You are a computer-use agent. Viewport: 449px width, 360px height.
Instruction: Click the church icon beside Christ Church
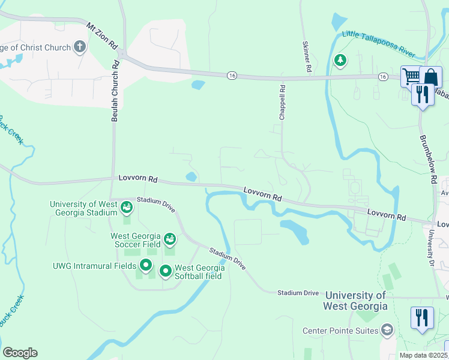[80, 47]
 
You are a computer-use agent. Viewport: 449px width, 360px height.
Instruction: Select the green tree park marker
[340, 60]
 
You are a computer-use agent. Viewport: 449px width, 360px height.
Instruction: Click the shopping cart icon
[411, 76]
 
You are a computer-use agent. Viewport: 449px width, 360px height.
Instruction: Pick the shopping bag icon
[430, 77]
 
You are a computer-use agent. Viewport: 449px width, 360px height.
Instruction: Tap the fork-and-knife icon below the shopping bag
[423, 94]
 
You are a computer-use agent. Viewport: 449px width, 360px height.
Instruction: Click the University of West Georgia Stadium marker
[127, 208]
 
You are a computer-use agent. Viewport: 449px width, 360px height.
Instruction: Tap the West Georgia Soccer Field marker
[170, 240]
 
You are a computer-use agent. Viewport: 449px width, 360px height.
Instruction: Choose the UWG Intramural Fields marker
[146, 265]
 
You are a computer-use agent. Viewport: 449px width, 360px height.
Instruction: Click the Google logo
[20, 353]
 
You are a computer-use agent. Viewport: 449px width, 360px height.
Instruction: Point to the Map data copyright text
[424, 355]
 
